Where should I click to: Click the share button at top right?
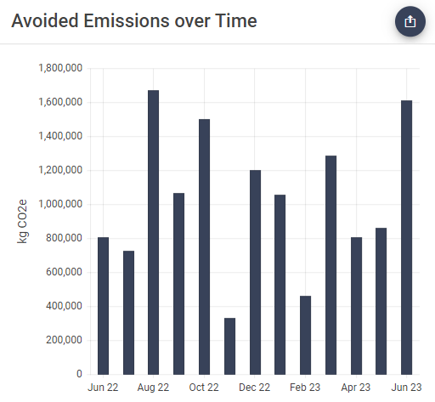(x=410, y=21)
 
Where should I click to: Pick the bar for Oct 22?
(x=204, y=246)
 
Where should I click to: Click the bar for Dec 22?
(x=255, y=272)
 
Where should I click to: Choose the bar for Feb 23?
(x=305, y=335)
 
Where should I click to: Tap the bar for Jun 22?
(x=103, y=305)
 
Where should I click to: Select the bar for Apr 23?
(x=356, y=305)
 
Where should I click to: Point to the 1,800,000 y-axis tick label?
(x=60, y=68)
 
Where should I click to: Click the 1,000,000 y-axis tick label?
(x=60, y=204)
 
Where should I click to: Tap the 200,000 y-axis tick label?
(x=65, y=340)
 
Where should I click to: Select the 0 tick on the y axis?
(x=79, y=374)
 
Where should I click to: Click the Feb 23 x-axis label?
(x=305, y=388)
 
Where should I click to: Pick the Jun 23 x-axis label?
(x=406, y=388)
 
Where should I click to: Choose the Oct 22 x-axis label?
(x=204, y=388)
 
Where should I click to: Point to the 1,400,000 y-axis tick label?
(x=60, y=136)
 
